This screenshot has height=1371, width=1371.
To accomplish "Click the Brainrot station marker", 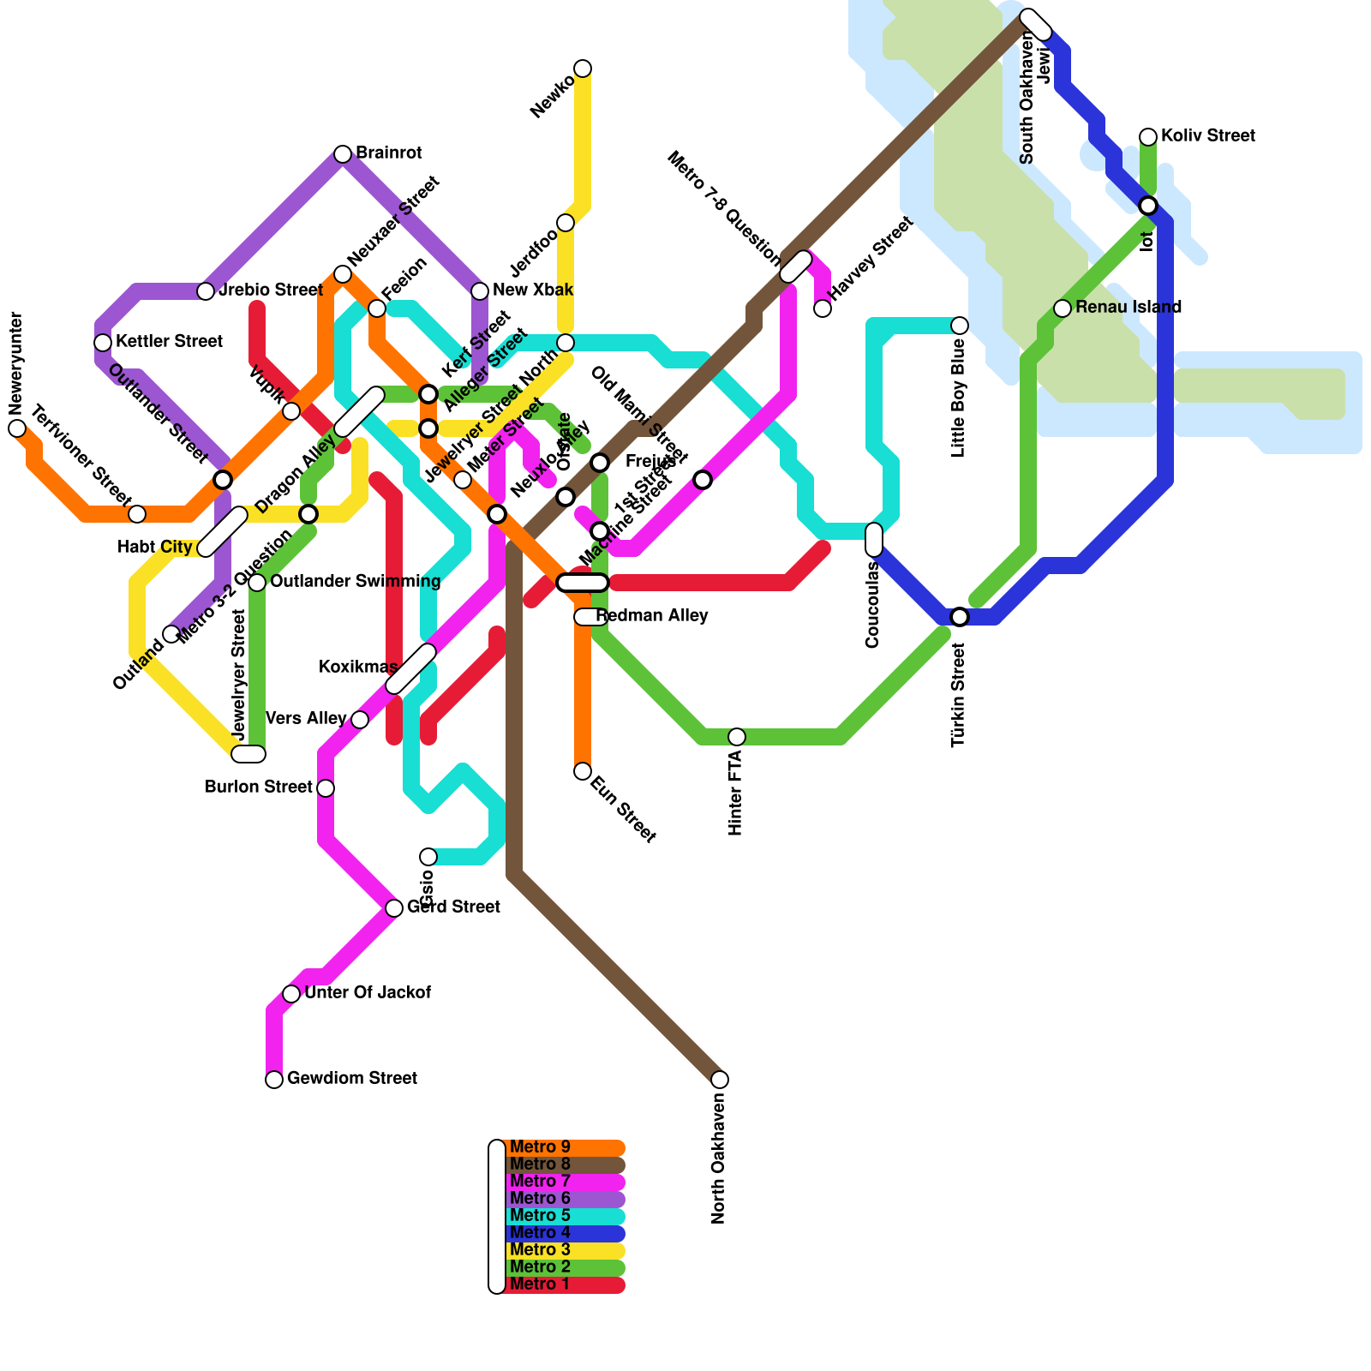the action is [343, 154].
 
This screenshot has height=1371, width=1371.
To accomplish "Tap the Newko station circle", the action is [583, 69].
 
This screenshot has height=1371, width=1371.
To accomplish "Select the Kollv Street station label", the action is [1208, 136].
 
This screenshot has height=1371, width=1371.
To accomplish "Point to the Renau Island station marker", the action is [1063, 308].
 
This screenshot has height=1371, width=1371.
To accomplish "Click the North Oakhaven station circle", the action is [720, 1080].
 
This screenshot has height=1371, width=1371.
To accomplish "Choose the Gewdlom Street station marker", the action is [274, 1080].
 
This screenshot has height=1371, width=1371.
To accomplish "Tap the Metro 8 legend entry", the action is [540, 1164].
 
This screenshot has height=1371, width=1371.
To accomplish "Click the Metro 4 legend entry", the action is [540, 1233].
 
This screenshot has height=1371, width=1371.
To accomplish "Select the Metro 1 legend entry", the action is [540, 1284].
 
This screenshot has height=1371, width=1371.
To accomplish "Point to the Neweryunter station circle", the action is [17, 428].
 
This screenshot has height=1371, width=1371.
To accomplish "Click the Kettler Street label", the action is [169, 342].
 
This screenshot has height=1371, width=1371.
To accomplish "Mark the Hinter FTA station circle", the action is [737, 737].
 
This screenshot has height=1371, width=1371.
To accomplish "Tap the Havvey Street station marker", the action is [823, 308].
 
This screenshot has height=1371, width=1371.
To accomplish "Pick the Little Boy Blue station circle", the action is [960, 326].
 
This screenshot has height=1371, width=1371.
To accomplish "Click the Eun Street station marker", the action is [583, 771].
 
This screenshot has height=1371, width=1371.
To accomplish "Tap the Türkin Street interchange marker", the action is [960, 617].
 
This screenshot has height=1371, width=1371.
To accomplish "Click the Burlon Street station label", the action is [259, 787].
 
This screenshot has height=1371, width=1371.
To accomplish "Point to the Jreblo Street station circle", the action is [206, 291].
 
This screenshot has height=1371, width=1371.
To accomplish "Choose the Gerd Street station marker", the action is [394, 908].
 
